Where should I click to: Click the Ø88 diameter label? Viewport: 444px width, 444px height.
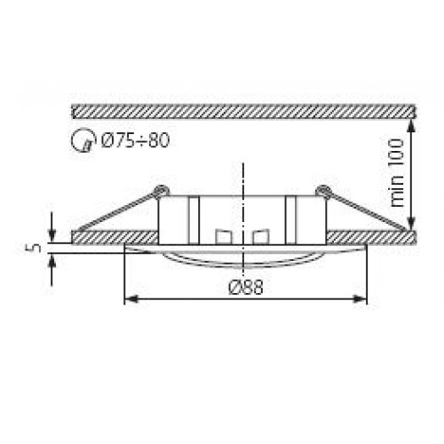245,287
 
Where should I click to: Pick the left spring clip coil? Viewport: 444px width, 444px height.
160,190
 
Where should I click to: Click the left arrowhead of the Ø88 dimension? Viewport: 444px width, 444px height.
130,298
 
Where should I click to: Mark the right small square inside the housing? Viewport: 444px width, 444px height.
259,237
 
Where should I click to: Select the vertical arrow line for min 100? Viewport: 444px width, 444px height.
411,173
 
